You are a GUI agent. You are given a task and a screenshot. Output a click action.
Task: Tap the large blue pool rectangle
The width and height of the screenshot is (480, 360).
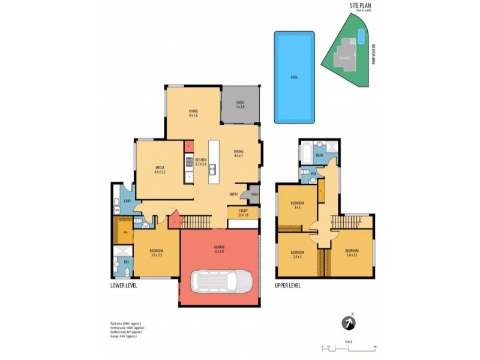coord(294,77)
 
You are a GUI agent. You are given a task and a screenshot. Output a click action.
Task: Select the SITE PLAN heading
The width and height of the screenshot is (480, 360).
coord(362,6)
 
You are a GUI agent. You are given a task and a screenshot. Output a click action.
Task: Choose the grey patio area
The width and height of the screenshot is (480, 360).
coord(240,106)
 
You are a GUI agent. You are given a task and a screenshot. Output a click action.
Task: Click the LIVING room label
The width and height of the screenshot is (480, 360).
coord(193,113)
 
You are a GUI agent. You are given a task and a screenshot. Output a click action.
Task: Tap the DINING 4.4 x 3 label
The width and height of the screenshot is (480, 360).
coord(238,154)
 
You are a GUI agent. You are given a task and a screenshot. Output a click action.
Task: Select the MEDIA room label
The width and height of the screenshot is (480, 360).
coord(160,170)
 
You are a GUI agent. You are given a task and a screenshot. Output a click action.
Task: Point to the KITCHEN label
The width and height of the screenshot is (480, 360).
coord(200,161)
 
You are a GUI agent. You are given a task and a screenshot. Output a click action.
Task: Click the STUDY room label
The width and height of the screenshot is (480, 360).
coord(243,213)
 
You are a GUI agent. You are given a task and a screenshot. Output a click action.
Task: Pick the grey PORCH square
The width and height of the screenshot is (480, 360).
coord(254,194)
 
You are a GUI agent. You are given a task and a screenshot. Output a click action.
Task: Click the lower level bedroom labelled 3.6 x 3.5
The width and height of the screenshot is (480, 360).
coord(155,253)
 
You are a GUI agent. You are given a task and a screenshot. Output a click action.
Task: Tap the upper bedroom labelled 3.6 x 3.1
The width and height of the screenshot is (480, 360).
coord(351,252)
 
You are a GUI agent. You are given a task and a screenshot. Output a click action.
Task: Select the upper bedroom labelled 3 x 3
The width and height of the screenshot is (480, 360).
coord(297,206)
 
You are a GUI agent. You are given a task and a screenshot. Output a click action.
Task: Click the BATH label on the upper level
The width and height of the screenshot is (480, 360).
coord(319,155)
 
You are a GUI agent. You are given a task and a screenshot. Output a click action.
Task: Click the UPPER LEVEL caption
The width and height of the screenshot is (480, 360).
coord(288,286)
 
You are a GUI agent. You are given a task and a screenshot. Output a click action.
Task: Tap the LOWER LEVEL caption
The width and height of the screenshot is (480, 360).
coord(125,286)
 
